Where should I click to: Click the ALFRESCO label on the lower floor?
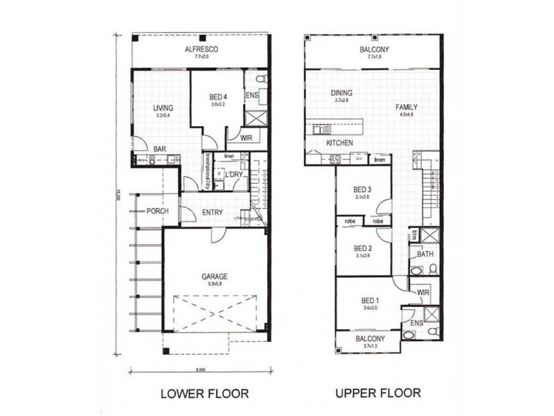(202, 49)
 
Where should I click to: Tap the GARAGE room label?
(215, 276)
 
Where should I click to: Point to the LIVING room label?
(163, 108)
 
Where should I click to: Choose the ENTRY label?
(212, 212)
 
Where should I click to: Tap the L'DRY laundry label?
(233, 175)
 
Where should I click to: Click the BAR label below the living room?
(159, 149)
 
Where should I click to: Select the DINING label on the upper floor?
(341, 93)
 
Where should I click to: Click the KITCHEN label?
(340, 143)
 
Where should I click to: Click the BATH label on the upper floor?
(425, 254)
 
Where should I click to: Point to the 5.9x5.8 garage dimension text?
(215, 283)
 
